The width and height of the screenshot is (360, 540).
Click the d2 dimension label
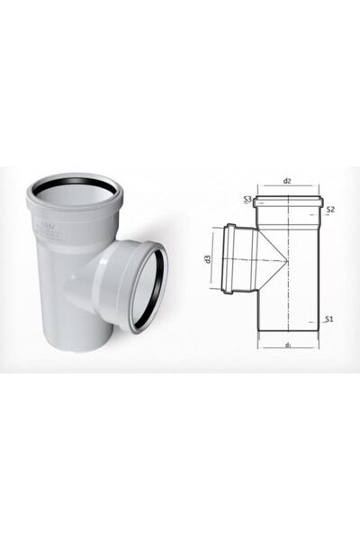click(x=287, y=181)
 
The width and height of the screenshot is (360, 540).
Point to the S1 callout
click(x=329, y=319)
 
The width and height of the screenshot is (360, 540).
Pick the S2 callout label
click(x=330, y=210)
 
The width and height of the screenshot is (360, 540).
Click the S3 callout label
click(x=247, y=199)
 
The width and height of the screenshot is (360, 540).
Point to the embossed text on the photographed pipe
click(x=54, y=225)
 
